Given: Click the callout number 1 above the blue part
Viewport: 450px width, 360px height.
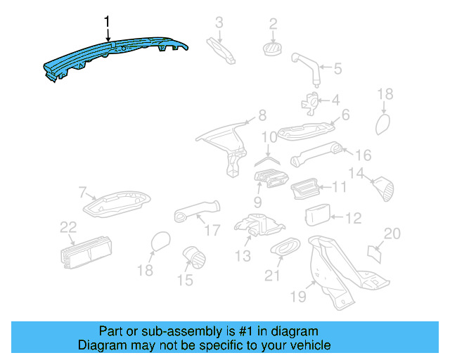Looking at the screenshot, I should [x=107, y=22].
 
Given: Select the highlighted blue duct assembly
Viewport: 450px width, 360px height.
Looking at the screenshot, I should [x=112, y=56].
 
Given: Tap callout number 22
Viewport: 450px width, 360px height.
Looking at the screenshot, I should [x=67, y=226].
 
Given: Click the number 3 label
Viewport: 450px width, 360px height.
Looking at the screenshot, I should [x=219, y=22].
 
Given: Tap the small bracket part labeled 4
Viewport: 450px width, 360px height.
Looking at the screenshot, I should [x=309, y=101].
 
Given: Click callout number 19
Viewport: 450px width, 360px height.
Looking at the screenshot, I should [x=298, y=297].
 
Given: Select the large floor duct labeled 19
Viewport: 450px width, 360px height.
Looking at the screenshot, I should [x=337, y=271].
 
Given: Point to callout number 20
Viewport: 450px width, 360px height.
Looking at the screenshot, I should [x=392, y=234].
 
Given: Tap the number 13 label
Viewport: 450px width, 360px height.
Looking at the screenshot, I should [x=243, y=256].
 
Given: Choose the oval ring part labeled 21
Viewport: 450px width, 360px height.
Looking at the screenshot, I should [x=283, y=247].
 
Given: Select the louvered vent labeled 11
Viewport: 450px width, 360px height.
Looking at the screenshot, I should [x=307, y=188].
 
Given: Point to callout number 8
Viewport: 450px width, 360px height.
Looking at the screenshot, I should [x=262, y=115].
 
